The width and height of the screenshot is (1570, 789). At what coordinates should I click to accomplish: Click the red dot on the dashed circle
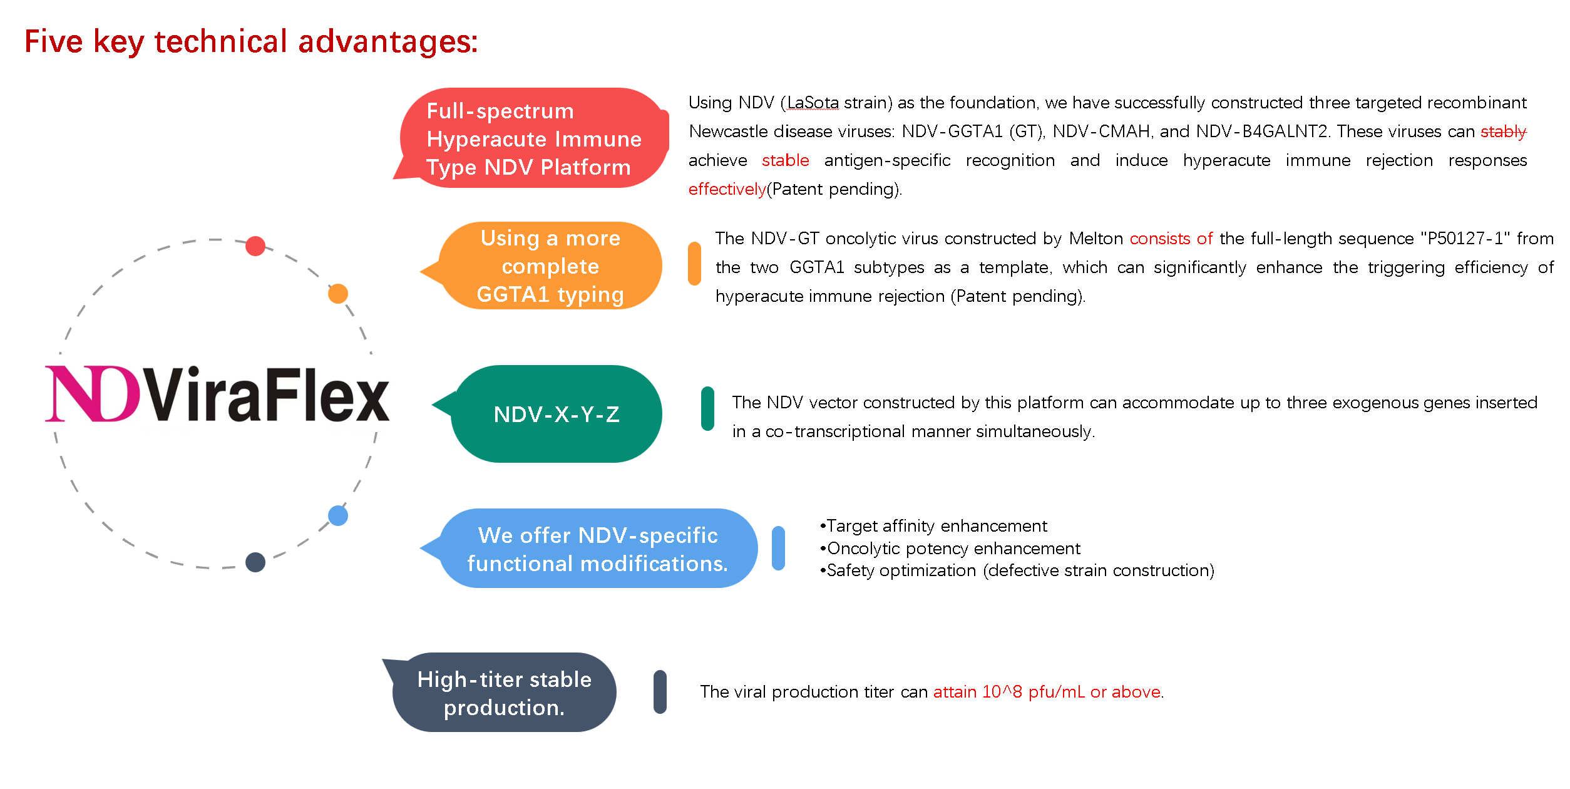(255, 246)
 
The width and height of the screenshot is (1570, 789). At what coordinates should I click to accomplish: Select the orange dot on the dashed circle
(338, 293)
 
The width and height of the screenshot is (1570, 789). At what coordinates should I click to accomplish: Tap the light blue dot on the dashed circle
(338, 515)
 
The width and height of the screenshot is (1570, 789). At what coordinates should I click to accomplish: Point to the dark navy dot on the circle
(255, 562)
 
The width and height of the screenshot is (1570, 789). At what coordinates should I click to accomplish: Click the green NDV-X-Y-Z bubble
(556, 414)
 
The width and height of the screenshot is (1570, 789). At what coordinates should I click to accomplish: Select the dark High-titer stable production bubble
(504, 693)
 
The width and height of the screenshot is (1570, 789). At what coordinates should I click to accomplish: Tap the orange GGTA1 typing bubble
(550, 266)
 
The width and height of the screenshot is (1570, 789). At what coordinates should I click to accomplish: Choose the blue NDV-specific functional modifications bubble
(597, 549)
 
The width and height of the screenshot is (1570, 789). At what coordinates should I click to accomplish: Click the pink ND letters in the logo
(93, 394)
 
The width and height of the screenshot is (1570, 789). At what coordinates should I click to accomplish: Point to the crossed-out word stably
(1503, 131)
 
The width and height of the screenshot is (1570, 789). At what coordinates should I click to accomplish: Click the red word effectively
(727, 189)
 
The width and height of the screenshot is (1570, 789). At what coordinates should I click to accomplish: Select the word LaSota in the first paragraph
(813, 103)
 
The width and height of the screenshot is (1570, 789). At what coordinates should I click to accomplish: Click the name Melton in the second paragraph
(1095, 239)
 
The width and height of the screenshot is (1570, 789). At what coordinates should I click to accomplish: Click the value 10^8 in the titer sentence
(1002, 692)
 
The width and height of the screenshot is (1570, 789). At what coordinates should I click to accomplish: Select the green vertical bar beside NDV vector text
(708, 409)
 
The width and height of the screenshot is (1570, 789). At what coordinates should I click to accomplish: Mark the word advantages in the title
(387, 42)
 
